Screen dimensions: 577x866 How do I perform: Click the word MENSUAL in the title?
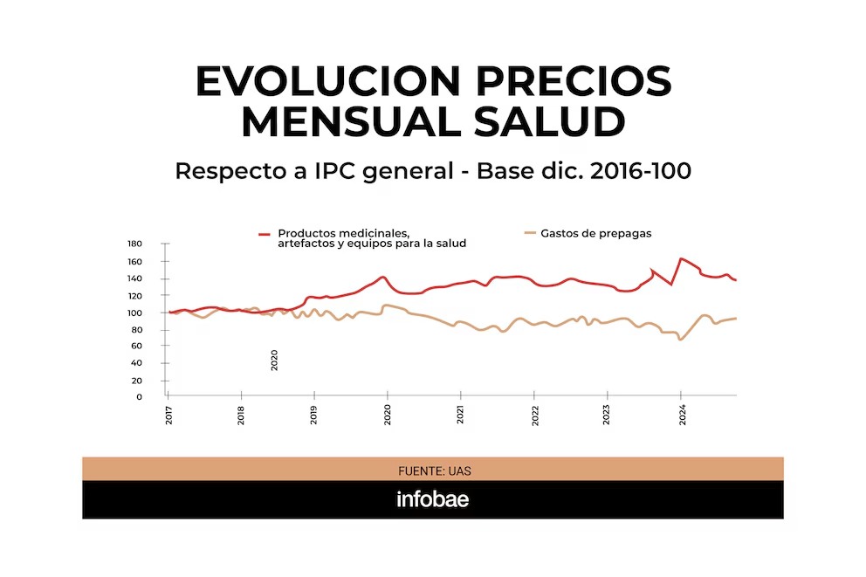349,122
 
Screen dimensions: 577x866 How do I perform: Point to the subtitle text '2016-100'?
641,171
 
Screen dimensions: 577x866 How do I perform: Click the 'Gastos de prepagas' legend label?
596,233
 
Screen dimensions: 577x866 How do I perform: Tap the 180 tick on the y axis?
134,244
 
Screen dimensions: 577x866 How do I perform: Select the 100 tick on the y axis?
134,313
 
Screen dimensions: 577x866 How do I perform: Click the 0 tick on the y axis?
139,397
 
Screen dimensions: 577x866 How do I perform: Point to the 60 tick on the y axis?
136,347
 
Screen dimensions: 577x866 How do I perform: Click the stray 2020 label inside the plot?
274,360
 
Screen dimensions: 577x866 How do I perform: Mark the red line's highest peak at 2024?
681,259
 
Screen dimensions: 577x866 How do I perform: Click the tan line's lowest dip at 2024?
680,339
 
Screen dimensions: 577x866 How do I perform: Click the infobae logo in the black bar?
433,500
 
